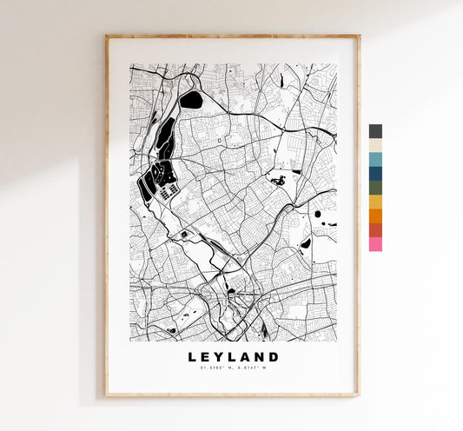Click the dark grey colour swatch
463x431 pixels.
click(x=375, y=131)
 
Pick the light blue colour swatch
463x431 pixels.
click(x=375, y=160)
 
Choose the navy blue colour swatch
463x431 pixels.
click(x=375, y=174)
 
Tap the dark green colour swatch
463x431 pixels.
click(x=375, y=188)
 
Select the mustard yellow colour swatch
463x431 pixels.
click(x=375, y=202)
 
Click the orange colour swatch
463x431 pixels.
click(x=375, y=216)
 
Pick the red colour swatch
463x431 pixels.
click(x=375, y=230)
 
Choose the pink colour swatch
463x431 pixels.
click(x=375, y=244)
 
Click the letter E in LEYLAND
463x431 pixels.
click(x=207, y=357)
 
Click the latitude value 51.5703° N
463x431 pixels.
click(x=215, y=369)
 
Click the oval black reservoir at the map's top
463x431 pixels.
click(x=191, y=100)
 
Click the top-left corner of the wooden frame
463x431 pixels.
click(x=107, y=36)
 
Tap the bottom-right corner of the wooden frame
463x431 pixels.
click(x=358, y=395)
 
